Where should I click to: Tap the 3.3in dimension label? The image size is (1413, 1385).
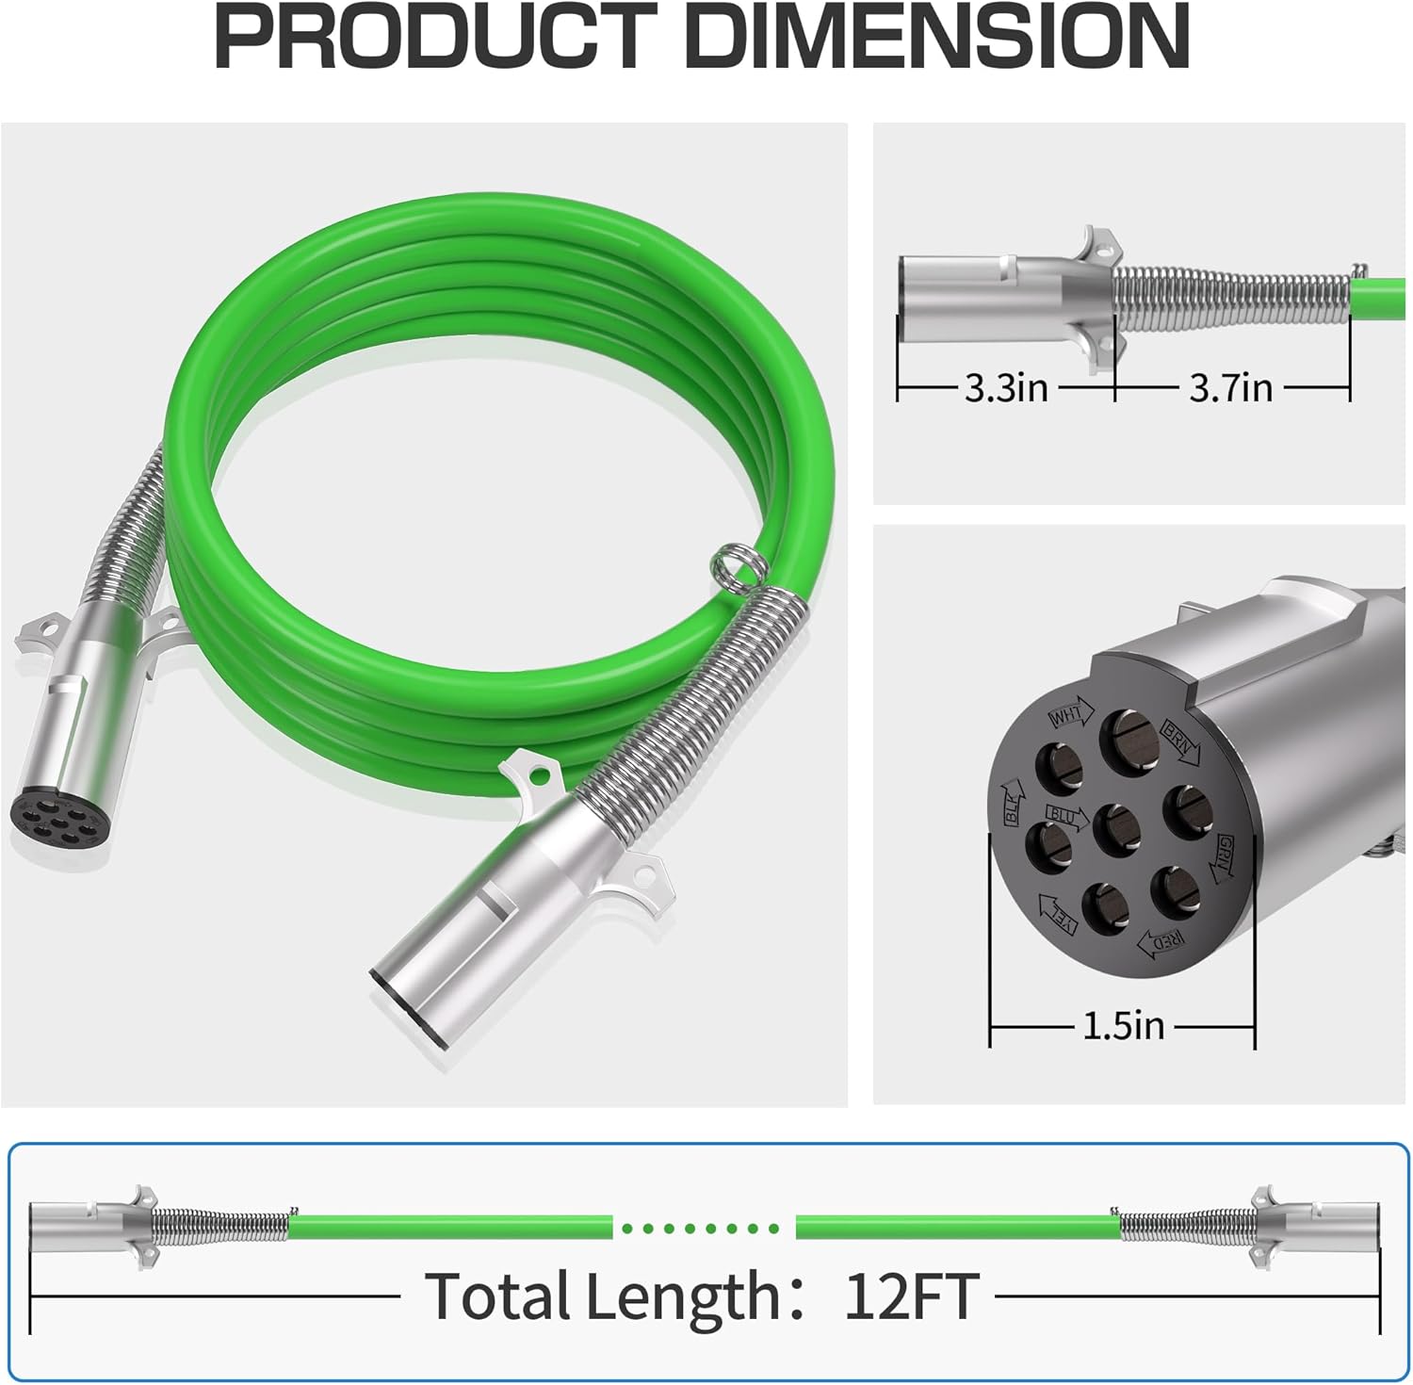tap(1005, 387)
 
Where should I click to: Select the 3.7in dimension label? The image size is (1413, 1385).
tap(1230, 387)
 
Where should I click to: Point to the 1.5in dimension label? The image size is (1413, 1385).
tap(1123, 1025)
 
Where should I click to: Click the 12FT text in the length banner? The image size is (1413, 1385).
tap(911, 1296)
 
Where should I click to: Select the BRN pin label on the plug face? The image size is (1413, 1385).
tap(1181, 741)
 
